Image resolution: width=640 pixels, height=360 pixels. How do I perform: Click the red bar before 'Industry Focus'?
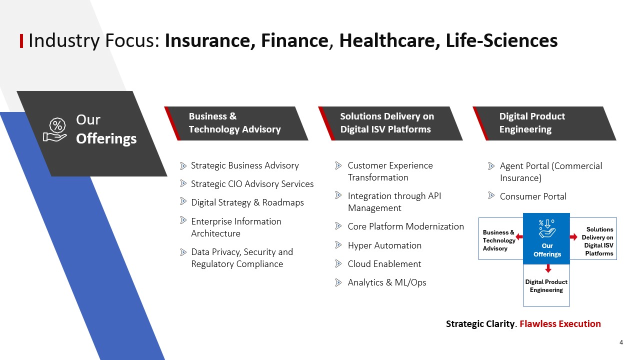[x=21, y=41]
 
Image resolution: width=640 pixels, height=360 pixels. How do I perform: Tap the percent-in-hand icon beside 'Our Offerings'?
[x=55, y=129]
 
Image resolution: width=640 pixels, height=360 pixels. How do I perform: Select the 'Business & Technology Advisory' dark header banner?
[x=236, y=123]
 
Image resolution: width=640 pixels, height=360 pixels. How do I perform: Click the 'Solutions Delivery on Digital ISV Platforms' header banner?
[x=390, y=123]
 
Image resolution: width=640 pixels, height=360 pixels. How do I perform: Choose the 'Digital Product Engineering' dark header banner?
[x=544, y=123]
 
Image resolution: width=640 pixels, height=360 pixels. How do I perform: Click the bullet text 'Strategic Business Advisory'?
[x=245, y=165]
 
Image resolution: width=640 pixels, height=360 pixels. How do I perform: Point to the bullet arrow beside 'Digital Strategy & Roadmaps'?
[x=183, y=201]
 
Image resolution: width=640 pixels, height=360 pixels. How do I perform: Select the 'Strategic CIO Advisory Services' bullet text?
[x=252, y=184]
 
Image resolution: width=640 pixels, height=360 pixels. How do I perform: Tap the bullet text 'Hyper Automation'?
[x=384, y=245]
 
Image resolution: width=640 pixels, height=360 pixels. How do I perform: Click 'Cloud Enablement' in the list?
[x=384, y=264]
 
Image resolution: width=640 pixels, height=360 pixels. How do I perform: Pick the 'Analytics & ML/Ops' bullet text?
[x=387, y=282]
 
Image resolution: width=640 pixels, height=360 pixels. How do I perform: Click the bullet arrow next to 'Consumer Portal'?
[x=491, y=195]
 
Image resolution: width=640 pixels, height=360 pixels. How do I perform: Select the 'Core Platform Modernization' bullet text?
[x=405, y=226]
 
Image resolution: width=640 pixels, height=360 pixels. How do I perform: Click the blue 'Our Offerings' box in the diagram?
[x=546, y=238]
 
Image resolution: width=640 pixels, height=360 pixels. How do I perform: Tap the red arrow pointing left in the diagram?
[x=519, y=237]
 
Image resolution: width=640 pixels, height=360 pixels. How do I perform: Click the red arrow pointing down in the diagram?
[x=548, y=268]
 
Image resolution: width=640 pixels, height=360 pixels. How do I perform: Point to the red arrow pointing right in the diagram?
[x=573, y=237]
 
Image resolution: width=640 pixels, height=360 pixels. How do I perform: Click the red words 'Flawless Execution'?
[x=560, y=323]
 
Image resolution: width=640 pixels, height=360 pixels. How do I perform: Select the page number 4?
[x=621, y=342]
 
